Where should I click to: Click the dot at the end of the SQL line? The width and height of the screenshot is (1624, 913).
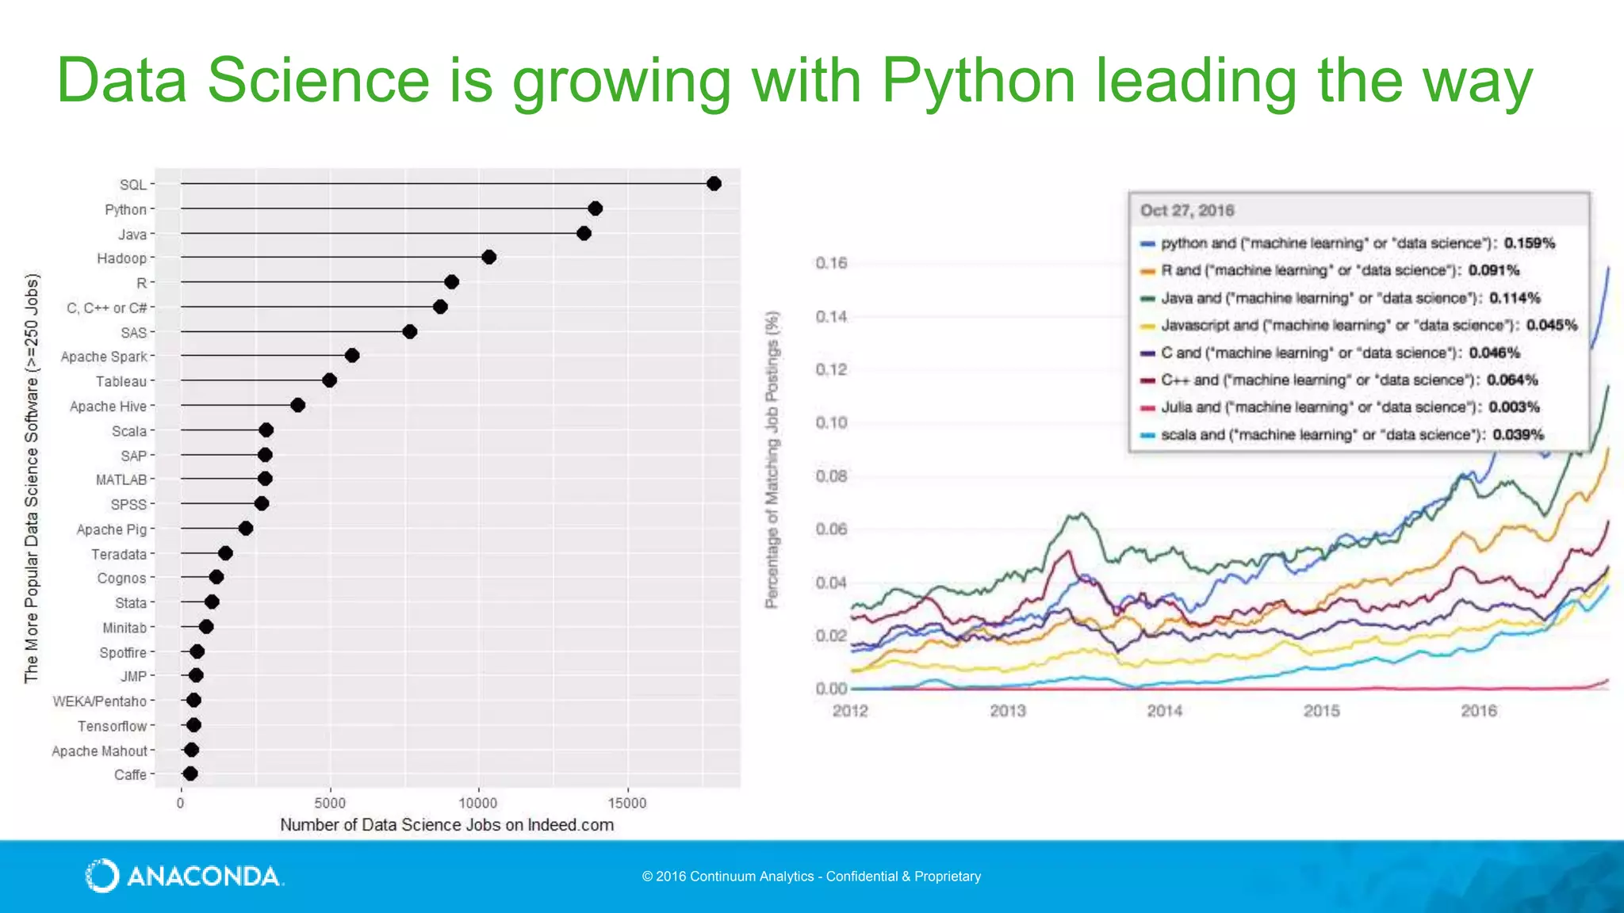(714, 184)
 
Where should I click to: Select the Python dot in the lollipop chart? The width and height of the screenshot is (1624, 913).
(596, 208)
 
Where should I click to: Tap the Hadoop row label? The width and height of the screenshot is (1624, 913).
(122, 258)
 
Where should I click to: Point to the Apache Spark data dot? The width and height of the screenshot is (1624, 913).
(352, 355)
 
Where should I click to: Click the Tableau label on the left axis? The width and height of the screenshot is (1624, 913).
(121, 381)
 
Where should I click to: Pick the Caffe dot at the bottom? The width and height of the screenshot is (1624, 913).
(190, 774)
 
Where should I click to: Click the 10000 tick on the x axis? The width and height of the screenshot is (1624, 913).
(478, 803)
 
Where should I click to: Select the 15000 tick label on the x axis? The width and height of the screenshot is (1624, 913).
(627, 803)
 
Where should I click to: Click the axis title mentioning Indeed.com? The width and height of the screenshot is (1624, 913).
(446, 825)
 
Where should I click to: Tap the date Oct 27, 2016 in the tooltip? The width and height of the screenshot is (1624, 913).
(1187, 211)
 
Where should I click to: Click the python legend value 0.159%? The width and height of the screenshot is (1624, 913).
(1530, 243)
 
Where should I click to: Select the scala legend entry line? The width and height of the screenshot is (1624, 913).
(1342, 435)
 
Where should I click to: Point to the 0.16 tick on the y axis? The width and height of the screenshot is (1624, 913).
(831, 263)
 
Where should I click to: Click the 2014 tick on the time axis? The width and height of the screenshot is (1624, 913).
(1164, 711)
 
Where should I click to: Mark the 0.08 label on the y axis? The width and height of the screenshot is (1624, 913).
(831, 476)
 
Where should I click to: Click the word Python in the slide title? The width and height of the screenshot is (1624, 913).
(978, 80)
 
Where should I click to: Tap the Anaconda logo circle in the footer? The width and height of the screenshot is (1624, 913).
(102, 876)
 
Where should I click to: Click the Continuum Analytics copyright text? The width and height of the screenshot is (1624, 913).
(811, 877)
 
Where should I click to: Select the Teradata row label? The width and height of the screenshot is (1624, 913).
(119, 555)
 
